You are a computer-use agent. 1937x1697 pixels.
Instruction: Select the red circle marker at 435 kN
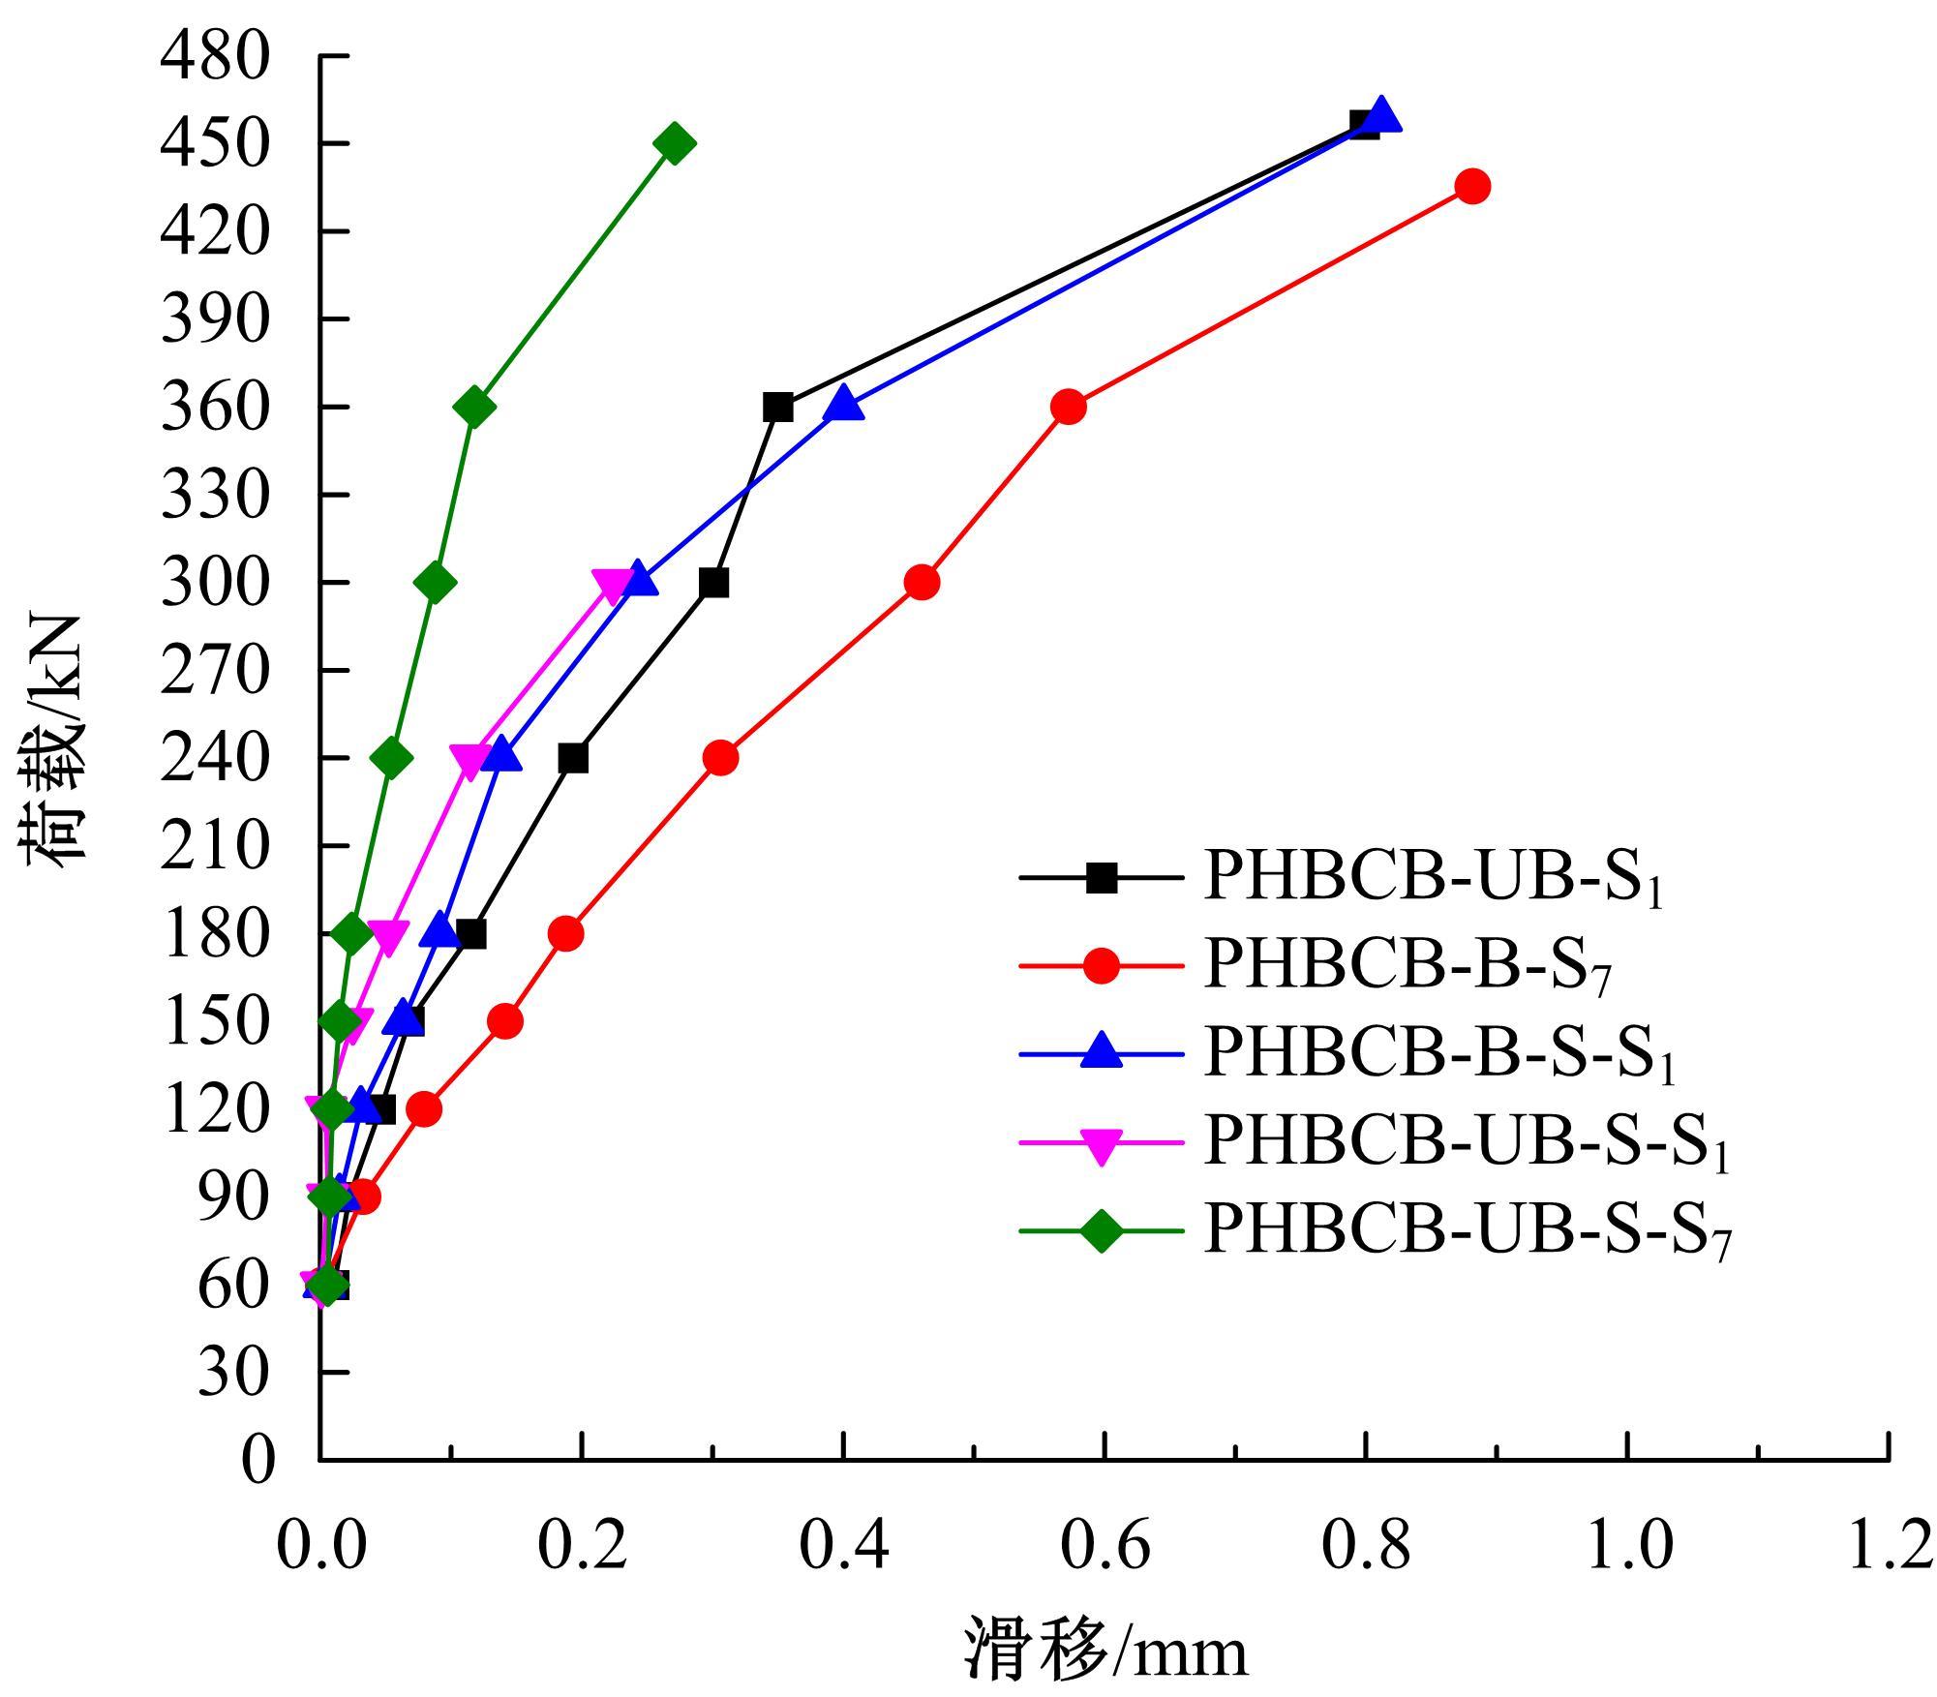[1472, 187]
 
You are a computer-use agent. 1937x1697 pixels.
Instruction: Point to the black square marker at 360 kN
[777, 408]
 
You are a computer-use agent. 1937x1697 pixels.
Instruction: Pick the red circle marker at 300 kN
[922, 583]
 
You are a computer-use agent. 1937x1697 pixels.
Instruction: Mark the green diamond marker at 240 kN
[391, 758]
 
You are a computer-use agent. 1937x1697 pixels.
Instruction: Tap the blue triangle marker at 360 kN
[843, 404]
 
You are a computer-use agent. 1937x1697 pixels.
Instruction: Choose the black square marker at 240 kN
[573, 759]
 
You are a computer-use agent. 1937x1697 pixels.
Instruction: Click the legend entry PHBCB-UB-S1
[1433, 878]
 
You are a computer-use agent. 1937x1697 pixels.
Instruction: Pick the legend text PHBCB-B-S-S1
[1438, 1052]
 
